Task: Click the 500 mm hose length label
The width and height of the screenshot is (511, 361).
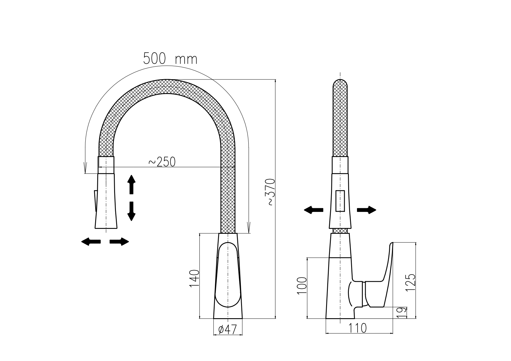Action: (170, 59)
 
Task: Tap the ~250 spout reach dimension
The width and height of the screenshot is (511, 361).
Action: (162, 162)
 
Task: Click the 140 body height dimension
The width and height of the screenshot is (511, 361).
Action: (194, 279)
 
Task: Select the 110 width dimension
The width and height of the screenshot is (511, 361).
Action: (358, 328)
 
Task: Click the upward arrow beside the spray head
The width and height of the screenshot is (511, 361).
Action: (132, 184)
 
